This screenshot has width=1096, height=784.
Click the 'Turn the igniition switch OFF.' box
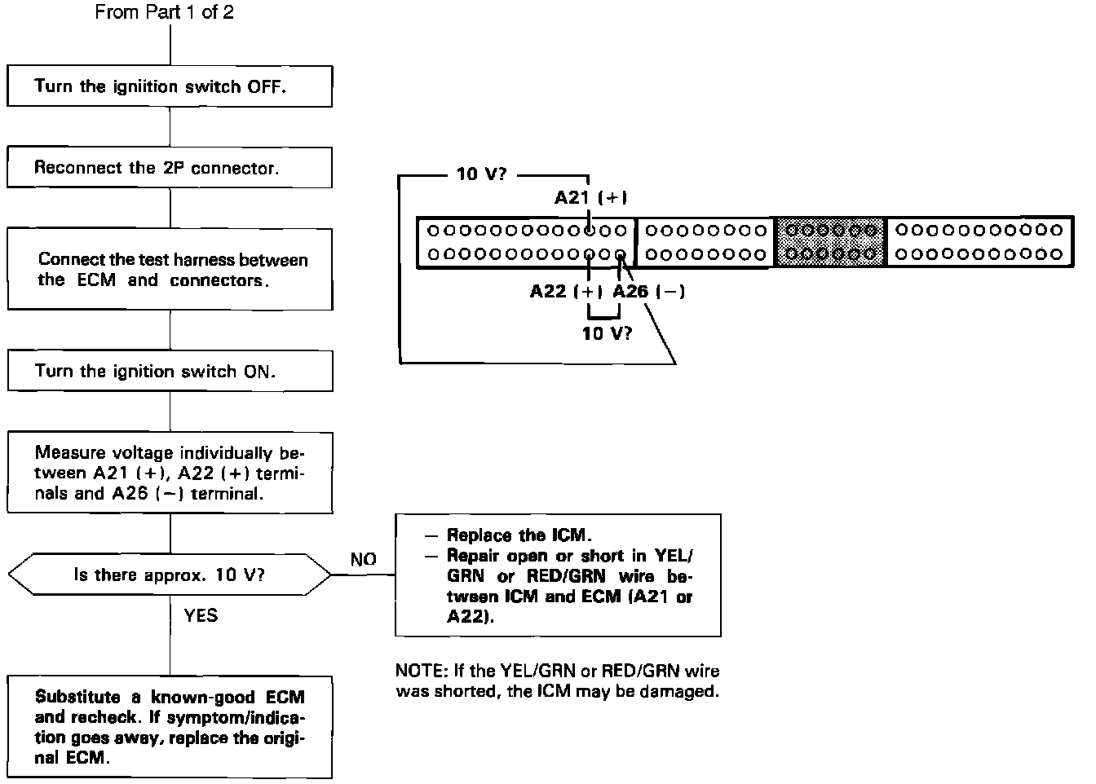point(170,86)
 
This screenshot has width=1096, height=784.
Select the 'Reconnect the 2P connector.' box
point(170,168)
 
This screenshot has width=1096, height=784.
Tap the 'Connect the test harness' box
point(170,269)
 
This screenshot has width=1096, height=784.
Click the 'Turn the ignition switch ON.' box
point(170,372)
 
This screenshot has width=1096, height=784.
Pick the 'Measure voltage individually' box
point(170,473)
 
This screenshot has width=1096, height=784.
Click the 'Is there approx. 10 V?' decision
point(170,575)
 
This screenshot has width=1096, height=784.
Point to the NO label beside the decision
point(364,559)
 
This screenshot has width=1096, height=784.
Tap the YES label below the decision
point(201,615)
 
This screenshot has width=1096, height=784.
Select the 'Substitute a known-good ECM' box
point(170,727)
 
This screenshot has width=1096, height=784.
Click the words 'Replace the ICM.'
point(518,535)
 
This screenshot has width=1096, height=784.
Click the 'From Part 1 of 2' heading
point(164,12)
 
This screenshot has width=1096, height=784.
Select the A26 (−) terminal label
point(648,292)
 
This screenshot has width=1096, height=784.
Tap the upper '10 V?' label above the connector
point(482,174)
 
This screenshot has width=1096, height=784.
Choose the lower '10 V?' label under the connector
point(607,333)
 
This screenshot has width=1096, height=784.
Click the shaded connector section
point(831,241)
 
